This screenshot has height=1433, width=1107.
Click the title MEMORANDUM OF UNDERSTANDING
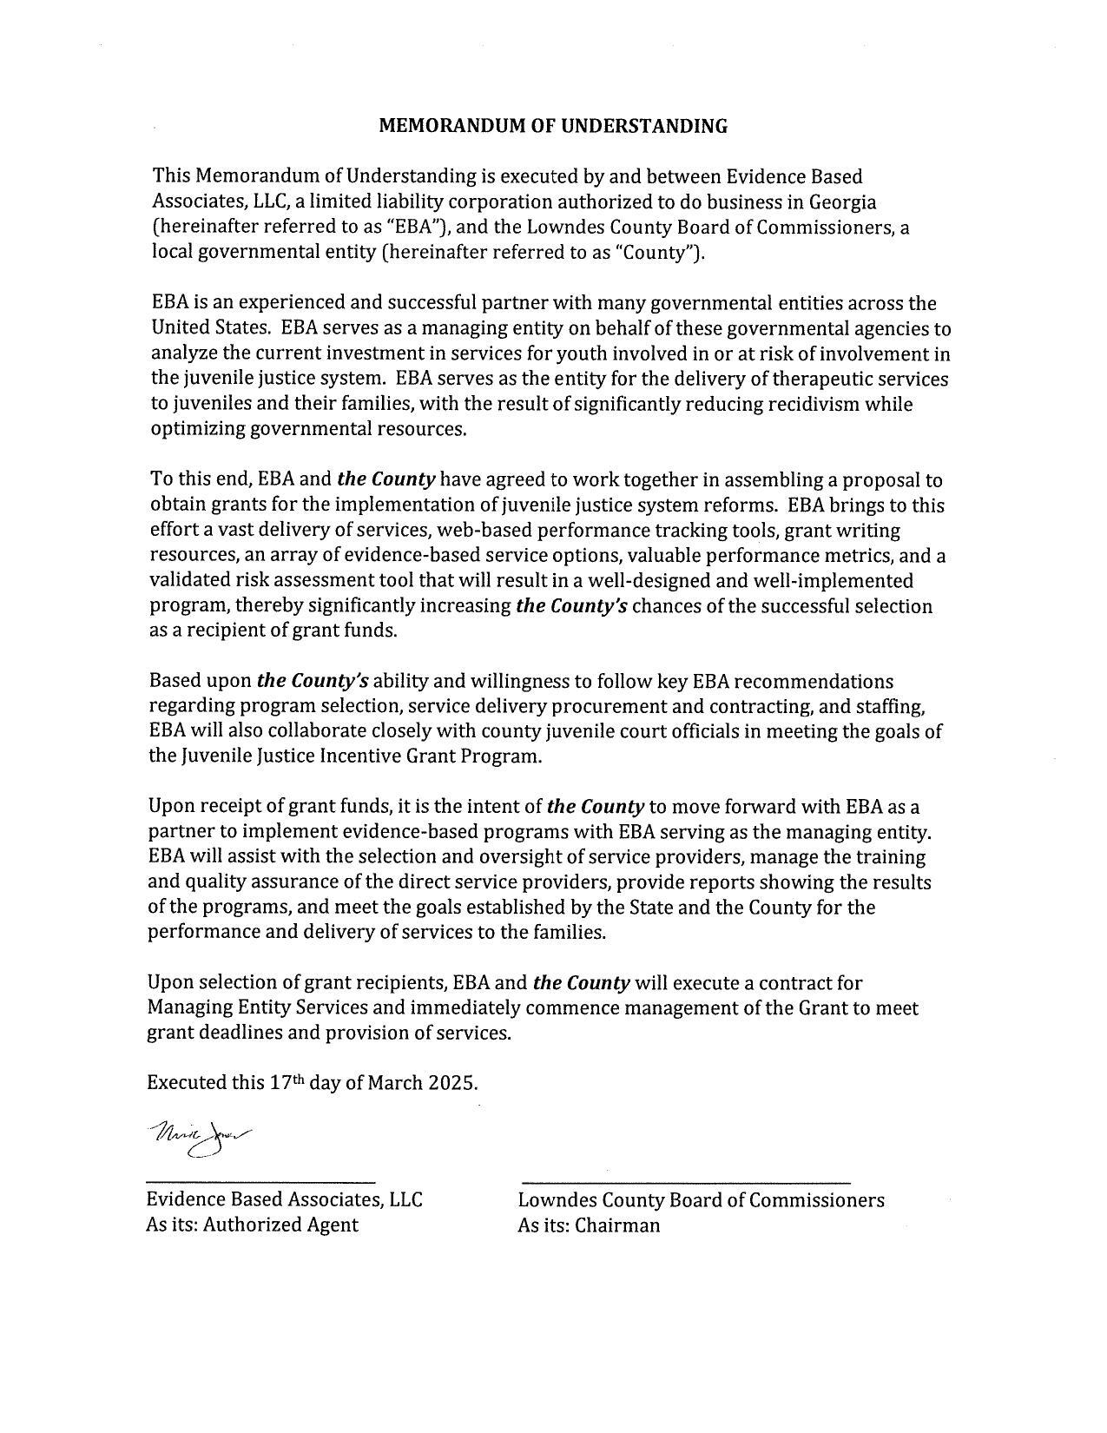(553, 126)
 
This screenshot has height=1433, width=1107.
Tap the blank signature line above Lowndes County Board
(686, 1181)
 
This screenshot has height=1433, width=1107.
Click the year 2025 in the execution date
(452, 1083)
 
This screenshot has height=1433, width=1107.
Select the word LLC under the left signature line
(405, 1200)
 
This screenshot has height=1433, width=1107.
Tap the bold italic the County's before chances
(570, 605)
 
